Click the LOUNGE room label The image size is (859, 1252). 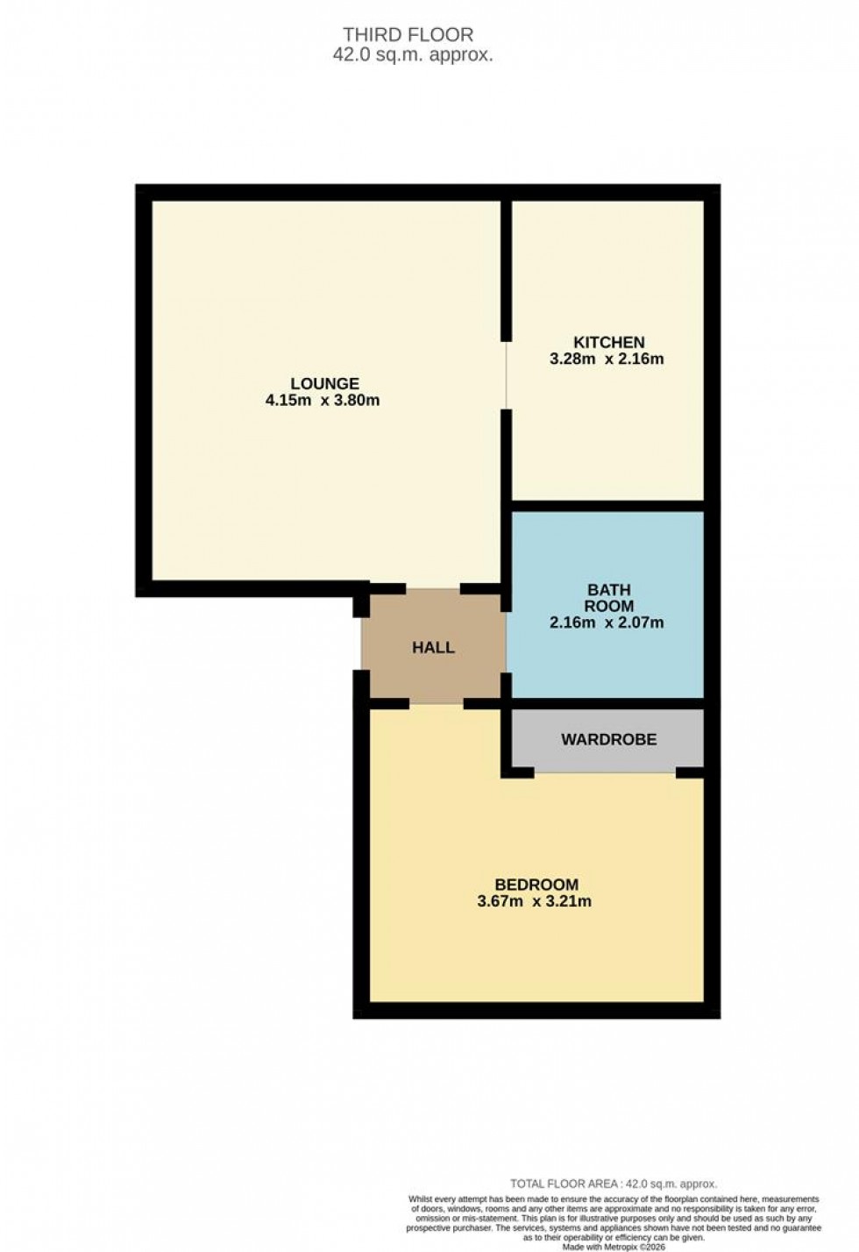324,384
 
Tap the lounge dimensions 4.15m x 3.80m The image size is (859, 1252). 322,401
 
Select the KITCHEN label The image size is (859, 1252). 608,342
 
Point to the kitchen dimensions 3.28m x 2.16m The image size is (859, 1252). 607,359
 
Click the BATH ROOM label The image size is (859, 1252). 608,598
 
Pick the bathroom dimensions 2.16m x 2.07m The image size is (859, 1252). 607,623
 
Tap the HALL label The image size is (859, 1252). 433,648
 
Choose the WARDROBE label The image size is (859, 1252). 608,739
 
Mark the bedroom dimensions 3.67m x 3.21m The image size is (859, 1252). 534,901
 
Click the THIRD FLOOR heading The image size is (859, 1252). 408,35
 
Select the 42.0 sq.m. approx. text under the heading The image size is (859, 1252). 412,54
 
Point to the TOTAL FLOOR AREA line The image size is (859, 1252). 614,1184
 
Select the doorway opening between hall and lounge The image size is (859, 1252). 433,587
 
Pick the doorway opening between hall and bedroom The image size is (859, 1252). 436,703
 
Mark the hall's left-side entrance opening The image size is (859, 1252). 359,644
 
